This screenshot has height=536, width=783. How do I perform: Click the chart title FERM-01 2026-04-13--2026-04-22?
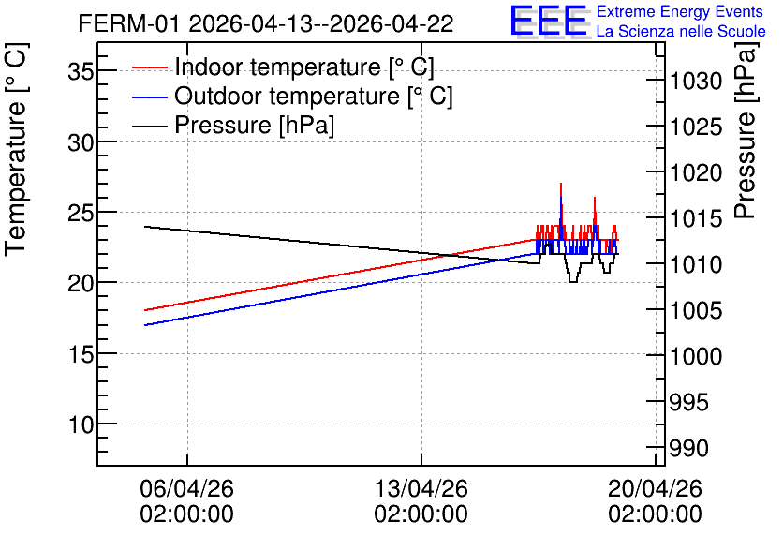point(266,24)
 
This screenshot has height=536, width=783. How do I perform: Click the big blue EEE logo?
point(549,21)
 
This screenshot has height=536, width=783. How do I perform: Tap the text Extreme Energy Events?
point(680,11)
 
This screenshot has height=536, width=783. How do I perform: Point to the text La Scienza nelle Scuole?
point(681,31)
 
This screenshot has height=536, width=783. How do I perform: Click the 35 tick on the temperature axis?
point(81,71)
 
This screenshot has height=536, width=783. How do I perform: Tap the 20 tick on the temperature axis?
point(81,283)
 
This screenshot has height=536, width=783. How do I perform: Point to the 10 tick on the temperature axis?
point(81,424)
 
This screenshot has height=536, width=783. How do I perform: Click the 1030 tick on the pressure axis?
point(696,81)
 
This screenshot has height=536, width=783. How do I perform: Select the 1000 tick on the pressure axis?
point(696,356)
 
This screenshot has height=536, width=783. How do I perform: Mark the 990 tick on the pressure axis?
point(688,448)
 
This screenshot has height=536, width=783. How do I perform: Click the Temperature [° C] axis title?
point(16,150)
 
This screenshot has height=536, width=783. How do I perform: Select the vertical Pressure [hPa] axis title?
point(746,131)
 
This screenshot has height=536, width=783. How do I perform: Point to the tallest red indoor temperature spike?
point(561,185)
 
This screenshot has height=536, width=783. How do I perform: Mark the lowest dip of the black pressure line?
point(573,282)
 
